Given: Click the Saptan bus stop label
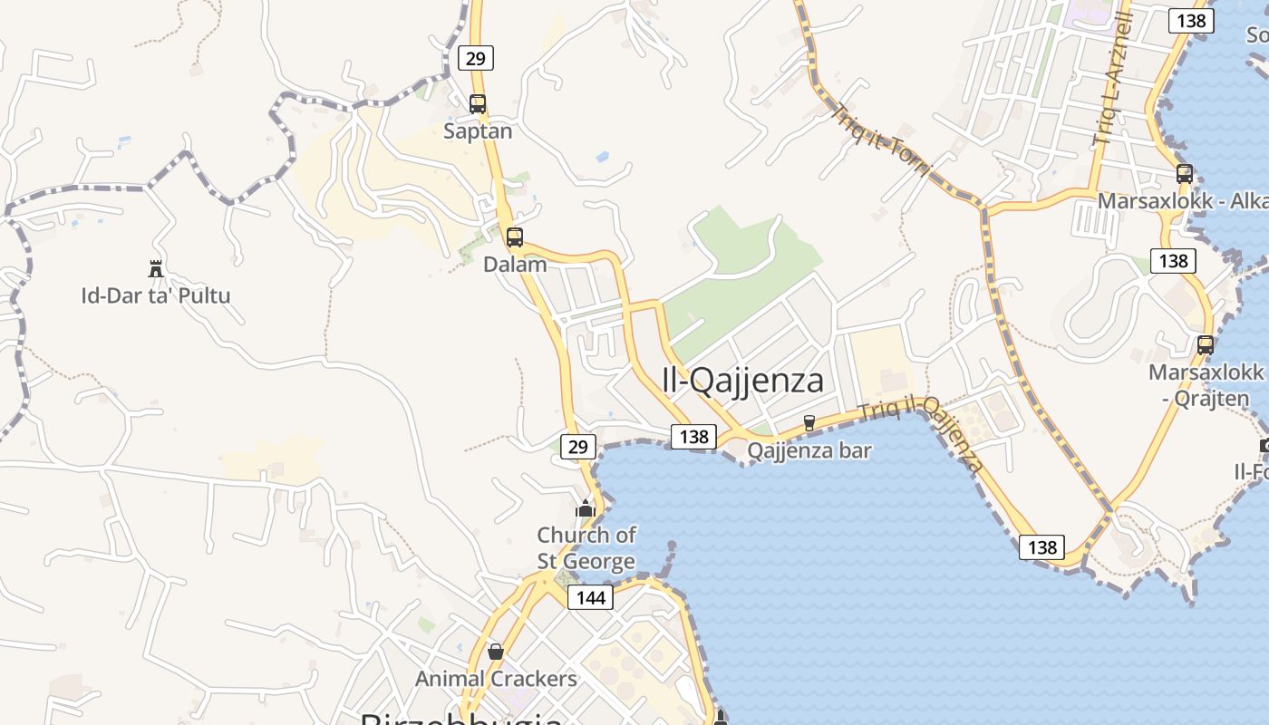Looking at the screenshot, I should pos(478,131).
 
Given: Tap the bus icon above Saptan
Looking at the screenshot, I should pos(478,104).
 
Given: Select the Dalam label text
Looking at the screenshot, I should pos(515,265).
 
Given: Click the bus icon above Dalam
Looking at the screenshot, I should pos(515,237).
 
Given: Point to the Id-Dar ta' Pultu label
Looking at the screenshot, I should pos(156,295).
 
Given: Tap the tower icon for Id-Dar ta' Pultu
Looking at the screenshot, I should pos(156,268).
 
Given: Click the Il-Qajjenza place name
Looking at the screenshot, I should pos(743,381).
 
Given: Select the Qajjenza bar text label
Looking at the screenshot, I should pos(809,450).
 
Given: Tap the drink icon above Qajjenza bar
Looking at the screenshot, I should pos(809,422).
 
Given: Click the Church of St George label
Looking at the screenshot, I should pos(586,547).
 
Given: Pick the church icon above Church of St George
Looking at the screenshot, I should pos(586,507).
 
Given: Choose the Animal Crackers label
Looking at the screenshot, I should pos(496,679).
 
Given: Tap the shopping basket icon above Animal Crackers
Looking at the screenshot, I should pos(496,652).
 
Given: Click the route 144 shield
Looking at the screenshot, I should pos(590,597).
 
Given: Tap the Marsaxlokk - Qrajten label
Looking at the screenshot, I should pos(1206,385).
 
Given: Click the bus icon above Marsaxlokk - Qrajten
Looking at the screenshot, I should pos(1206,345).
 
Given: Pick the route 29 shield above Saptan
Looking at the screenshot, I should pos(476,59).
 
